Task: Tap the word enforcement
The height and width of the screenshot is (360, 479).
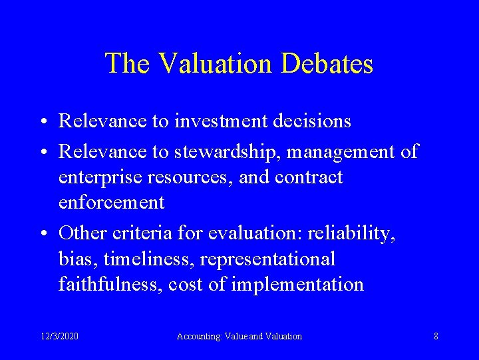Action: tap(111, 203)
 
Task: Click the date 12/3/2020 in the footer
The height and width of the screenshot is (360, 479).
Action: tap(59, 336)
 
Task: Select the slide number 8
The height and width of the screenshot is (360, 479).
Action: tap(436, 336)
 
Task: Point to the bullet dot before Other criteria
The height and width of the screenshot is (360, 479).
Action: tap(43, 234)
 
